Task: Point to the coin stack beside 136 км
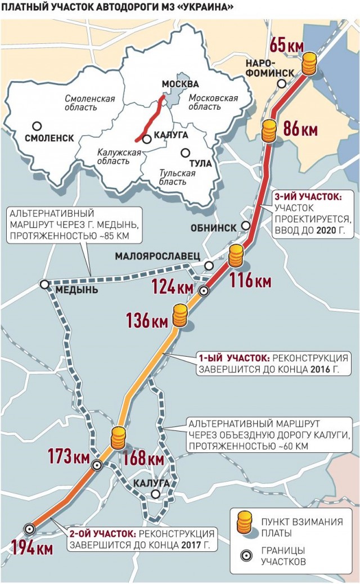tap(179, 316)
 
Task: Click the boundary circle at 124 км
tap(204, 290)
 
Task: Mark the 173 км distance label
tap(69, 456)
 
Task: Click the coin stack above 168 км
tap(118, 438)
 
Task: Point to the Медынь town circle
tap(44, 285)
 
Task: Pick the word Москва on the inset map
tap(180, 84)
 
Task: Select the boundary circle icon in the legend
tap(244, 556)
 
